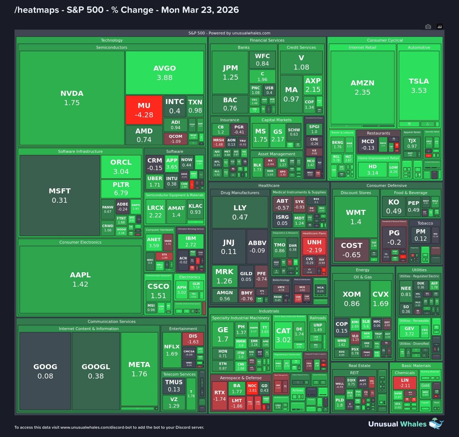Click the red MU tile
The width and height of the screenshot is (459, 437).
(144, 110)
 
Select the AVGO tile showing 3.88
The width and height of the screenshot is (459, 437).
(165, 72)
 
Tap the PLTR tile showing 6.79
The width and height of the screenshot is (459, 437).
(121, 188)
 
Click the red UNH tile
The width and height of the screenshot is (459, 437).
(314, 246)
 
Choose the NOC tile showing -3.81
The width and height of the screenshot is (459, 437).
(252, 388)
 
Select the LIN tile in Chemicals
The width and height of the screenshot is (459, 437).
(405, 382)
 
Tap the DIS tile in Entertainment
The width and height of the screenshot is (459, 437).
(193, 339)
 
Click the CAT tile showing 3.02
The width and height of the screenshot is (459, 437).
(283, 335)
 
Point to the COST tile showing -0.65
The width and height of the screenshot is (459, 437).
(351, 250)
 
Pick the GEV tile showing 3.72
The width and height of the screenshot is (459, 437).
(409, 331)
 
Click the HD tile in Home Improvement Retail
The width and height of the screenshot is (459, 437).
(373, 169)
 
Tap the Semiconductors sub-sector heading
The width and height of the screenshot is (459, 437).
(112, 47)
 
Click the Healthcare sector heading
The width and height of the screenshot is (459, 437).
(269, 185)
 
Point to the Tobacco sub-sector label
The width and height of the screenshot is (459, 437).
(425, 223)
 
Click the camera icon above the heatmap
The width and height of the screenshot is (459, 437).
(428, 27)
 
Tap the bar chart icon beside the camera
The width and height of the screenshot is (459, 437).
(440, 27)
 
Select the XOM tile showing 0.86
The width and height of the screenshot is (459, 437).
(352, 299)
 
